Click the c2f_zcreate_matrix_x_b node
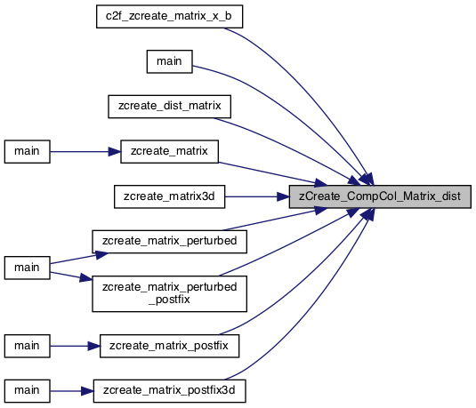169,16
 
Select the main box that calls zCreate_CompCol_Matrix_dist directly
169,61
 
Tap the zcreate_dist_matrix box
169,107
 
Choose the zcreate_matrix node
169,151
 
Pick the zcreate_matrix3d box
169,196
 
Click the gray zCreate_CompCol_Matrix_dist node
380,196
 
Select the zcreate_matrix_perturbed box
169,242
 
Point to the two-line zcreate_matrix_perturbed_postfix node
169,293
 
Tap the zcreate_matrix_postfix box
169,346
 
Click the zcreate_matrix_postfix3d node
169,391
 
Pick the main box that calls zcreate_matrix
27,151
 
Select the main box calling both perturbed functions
27,268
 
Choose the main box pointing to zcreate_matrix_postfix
27,346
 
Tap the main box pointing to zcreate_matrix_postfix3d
27,391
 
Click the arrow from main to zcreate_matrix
85,152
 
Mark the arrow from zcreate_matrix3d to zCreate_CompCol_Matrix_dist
257,196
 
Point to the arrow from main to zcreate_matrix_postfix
75,346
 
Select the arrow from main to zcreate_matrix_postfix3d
72,391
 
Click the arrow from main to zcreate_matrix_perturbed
79,258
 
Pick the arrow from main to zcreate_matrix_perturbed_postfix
71,276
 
